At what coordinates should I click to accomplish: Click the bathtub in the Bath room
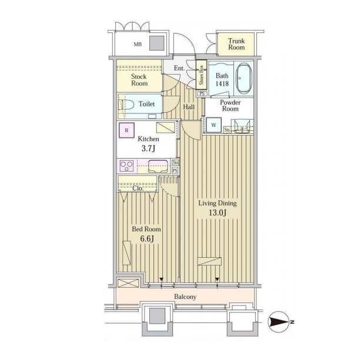244,78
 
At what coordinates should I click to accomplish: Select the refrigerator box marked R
126,130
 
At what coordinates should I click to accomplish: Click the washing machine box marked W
213,125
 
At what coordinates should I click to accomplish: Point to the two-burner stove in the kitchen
126,166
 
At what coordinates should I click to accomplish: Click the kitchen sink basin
158,166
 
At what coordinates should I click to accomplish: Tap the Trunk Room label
236,44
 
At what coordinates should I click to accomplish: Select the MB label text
138,45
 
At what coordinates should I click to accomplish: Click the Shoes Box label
201,75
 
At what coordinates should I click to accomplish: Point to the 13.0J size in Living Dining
218,213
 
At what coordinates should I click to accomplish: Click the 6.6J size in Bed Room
147,239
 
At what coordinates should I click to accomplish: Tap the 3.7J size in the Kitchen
148,149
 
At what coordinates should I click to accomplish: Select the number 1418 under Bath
222,83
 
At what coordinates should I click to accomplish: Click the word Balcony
185,297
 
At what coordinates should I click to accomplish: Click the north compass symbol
279,322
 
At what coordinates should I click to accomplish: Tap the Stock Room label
139,80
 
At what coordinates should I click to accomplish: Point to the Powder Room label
230,106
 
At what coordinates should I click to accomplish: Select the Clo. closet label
138,189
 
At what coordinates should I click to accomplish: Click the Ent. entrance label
179,68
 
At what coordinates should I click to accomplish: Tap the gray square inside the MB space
156,43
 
